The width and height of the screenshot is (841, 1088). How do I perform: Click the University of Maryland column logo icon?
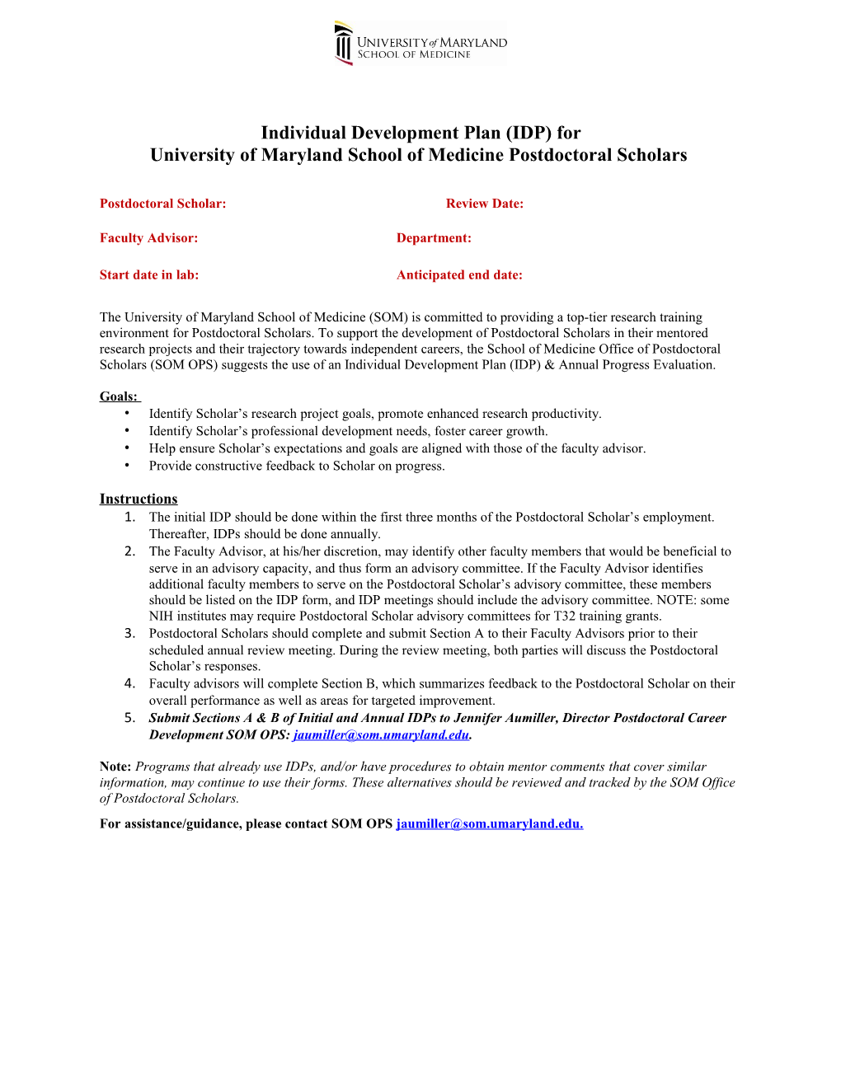click(343, 44)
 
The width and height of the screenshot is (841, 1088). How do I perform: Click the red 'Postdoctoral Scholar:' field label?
click(162, 204)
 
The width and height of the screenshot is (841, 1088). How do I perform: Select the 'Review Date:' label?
click(484, 204)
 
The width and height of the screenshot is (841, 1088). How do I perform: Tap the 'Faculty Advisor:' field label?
click(148, 238)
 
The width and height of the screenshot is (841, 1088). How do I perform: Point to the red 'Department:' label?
click(434, 238)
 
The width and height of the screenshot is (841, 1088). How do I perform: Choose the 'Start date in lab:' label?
click(148, 275)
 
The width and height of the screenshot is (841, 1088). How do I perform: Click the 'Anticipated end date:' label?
click(459, 275)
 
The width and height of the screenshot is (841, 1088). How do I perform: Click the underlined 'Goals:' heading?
click(118, 396)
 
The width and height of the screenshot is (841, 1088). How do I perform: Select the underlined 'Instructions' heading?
click(138, 499)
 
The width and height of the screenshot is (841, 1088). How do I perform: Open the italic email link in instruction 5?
click(381, 735)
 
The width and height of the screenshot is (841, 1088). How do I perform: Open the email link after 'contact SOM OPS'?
click(489, 823)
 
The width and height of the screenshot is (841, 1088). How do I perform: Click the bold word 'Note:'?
click(115, 767)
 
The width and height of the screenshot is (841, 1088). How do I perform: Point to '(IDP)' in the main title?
click(529, 133)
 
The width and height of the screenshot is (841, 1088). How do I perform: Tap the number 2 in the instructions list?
click(129, 551)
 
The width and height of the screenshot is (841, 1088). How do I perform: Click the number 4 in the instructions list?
click(129, 683)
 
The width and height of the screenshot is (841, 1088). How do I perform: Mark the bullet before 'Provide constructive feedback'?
click(127, 466)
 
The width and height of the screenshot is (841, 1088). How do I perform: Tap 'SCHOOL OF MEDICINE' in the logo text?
click(414, 55)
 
